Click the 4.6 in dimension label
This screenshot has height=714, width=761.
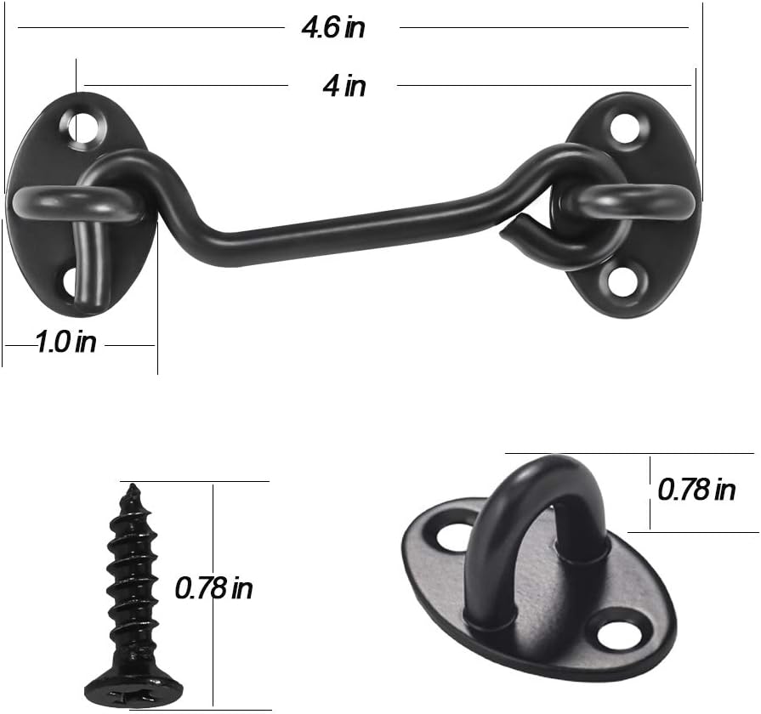pyautogui.click(x=333, y=27)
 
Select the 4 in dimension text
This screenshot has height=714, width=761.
pyautogui.click(x=344, y=86)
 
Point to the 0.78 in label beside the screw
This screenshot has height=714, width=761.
pyautogui.click(x=213, y=587)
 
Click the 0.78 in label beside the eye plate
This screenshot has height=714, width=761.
pyautogui.click(x=696, y=490)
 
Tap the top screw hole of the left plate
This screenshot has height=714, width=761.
pyautogui.click(x=83, y=127)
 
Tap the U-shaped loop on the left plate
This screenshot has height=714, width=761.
pyautogui.click(x=43, y=204)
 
